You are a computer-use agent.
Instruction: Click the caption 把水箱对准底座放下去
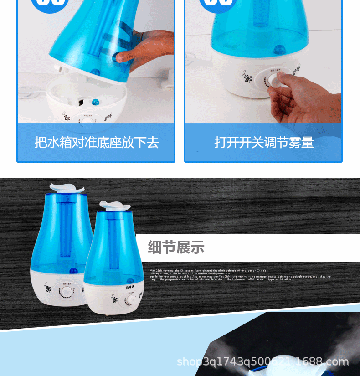tap(96, 142)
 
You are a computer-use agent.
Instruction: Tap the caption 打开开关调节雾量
tap(264, 142)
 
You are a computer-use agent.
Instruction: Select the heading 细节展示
tap(176, 247)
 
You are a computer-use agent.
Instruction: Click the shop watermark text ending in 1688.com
tap(262, 362)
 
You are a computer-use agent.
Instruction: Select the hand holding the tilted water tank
tap(146, 48)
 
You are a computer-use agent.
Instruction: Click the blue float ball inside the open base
tap(95, 102)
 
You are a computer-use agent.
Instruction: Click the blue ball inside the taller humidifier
tap(72, 271)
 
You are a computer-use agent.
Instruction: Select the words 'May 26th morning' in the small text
tap(160, 270)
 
